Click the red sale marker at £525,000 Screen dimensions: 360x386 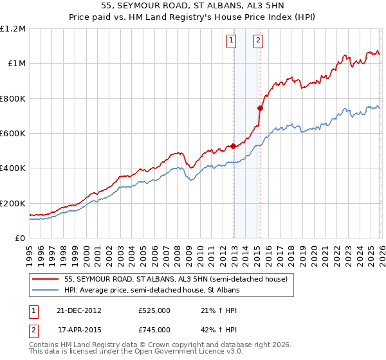click(x=233, y=147)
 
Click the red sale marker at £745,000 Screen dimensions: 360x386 click(x=260, y=108)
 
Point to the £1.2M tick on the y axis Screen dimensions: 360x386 click(x=13, y=29)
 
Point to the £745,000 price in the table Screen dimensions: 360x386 click(x=154, y=329)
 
